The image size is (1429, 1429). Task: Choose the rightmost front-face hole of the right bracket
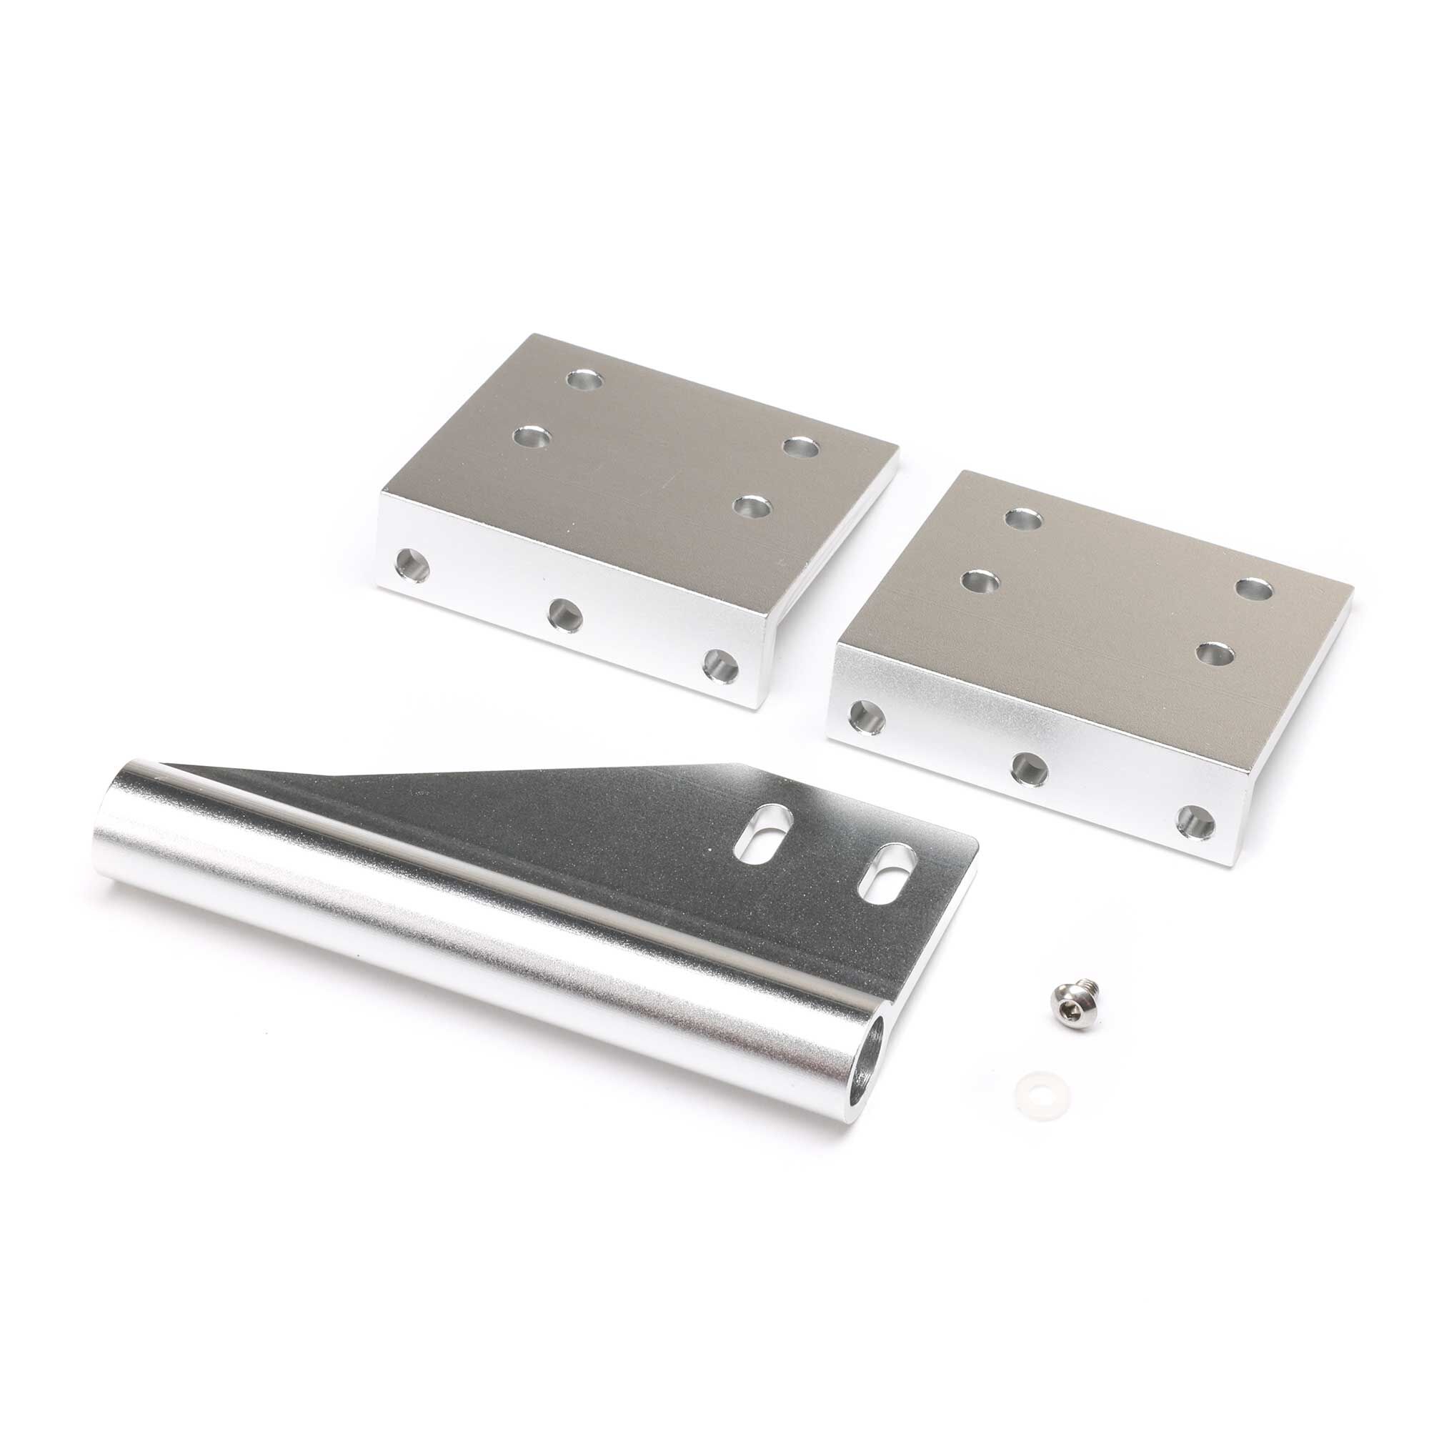(1197, 823)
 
